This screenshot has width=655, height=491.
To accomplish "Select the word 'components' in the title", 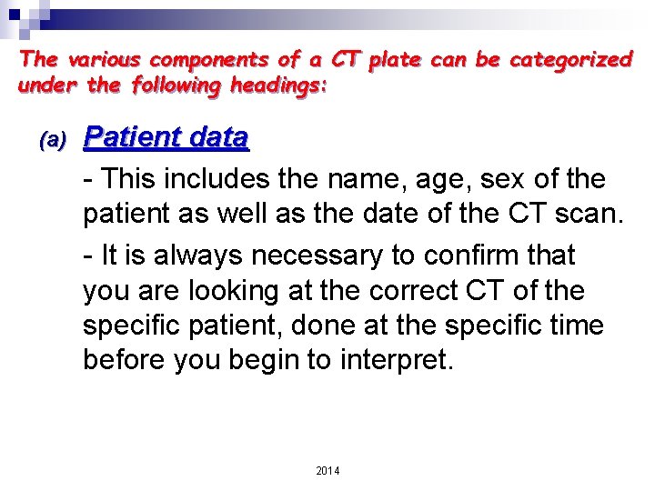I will [210, 60].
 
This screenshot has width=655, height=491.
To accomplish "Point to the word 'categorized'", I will [571, 60].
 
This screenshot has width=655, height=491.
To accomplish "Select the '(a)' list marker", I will [54, 140].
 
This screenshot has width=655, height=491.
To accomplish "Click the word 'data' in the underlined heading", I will [219, 137].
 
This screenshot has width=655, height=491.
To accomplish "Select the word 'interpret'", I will [393, 361].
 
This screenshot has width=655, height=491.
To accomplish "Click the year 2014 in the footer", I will [327, 470].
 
